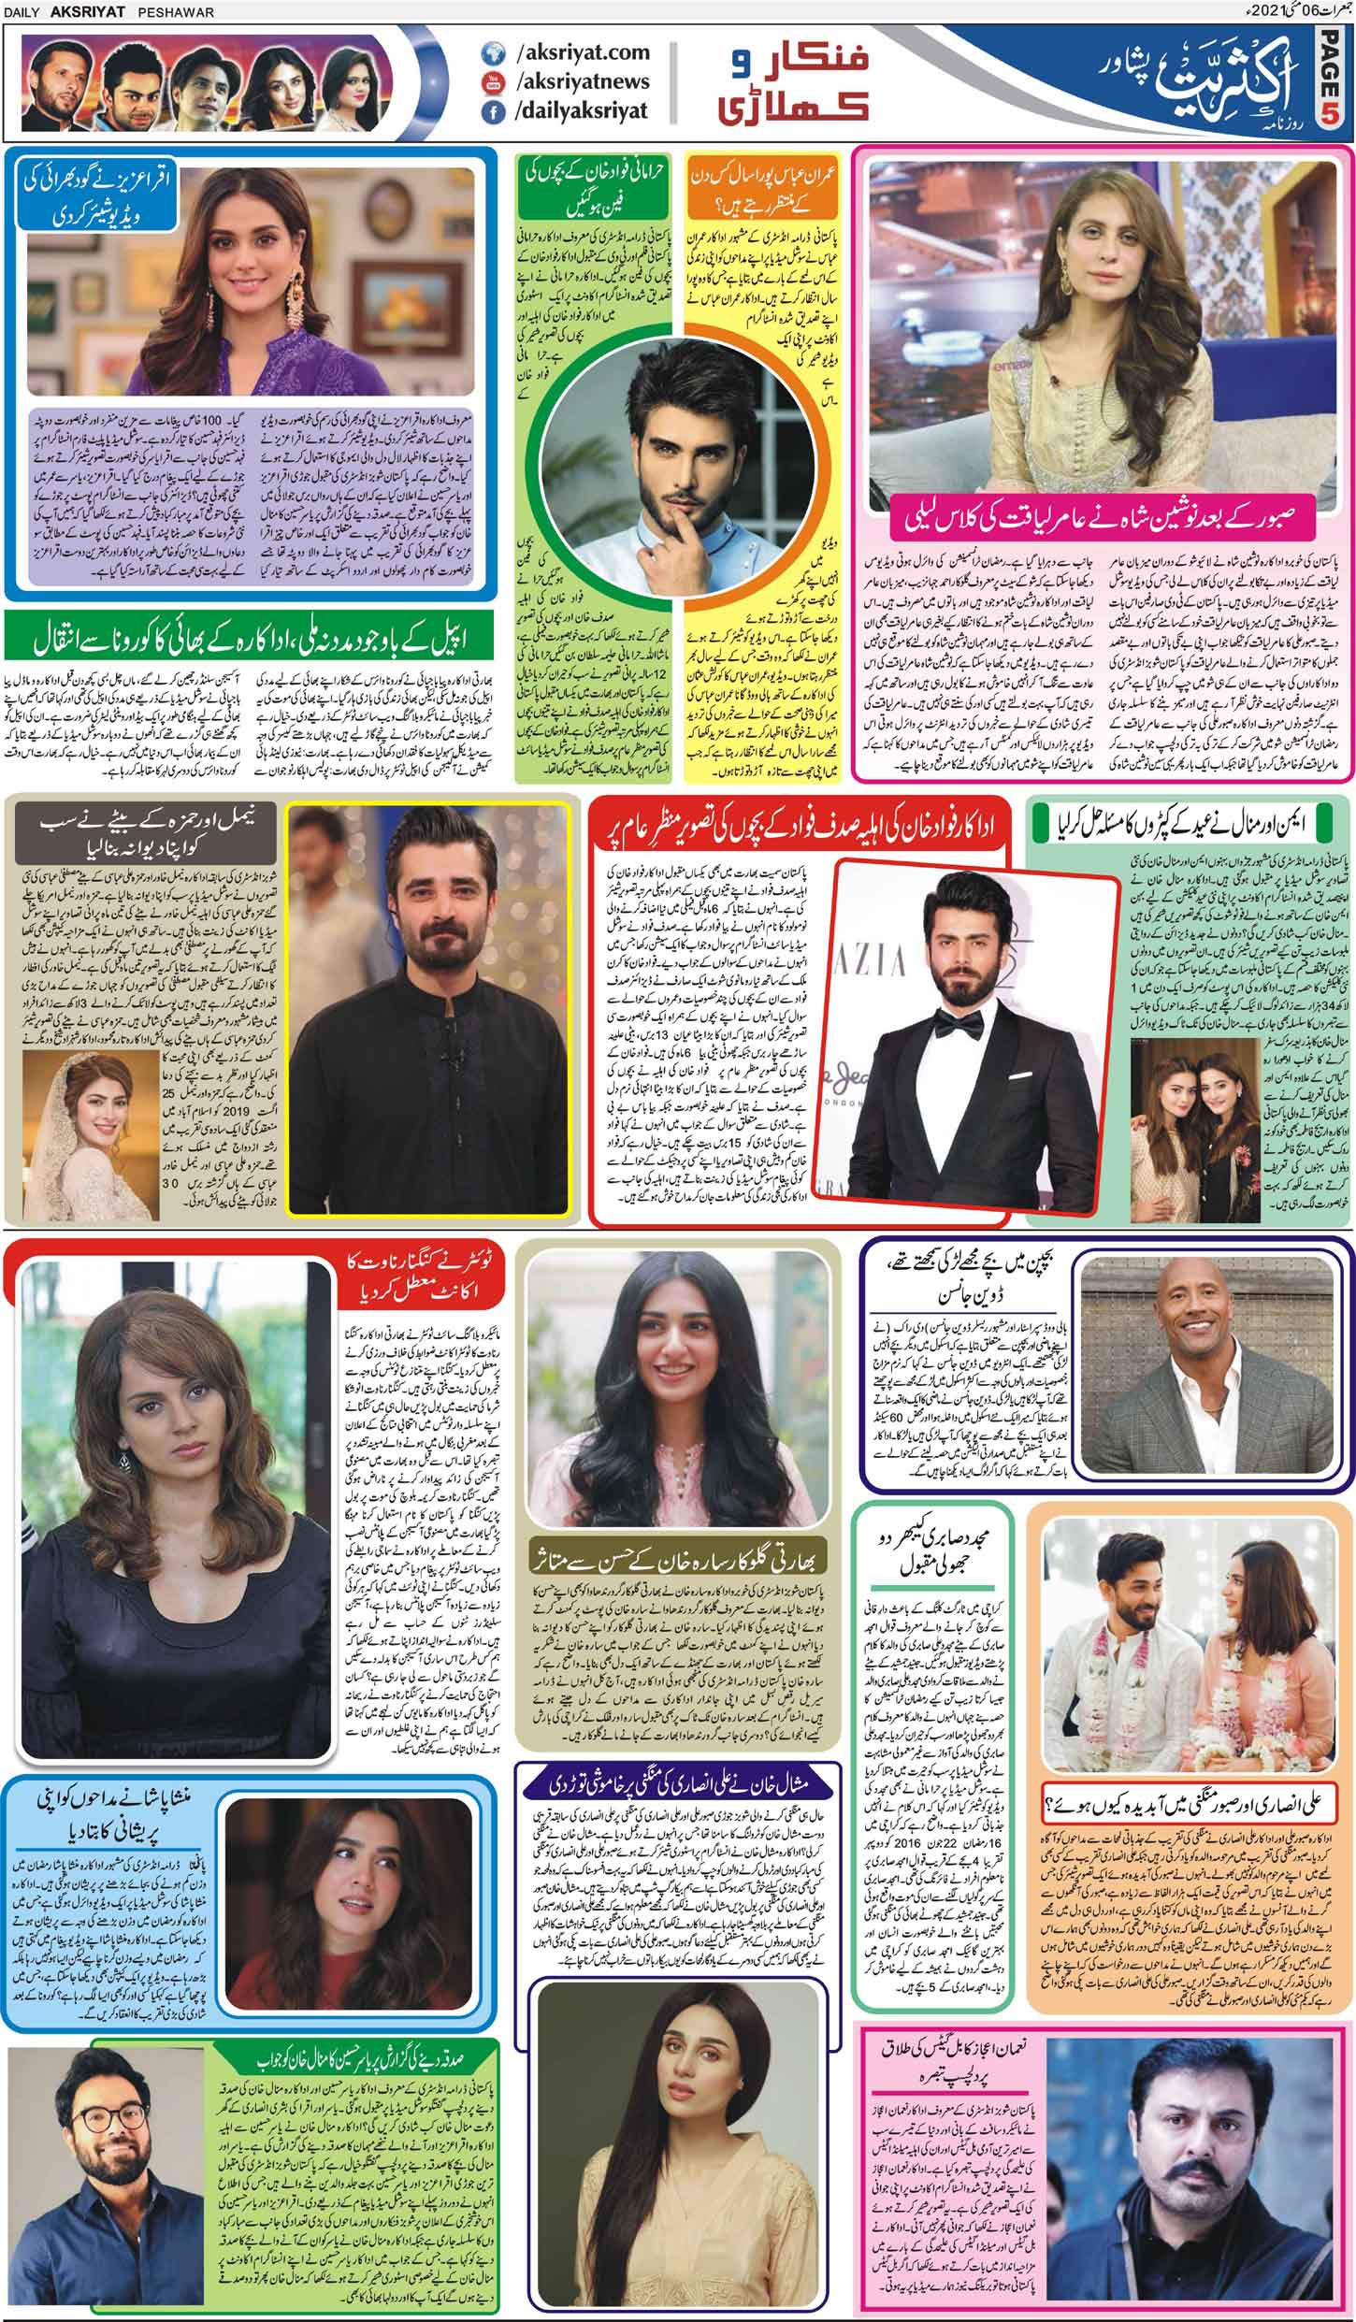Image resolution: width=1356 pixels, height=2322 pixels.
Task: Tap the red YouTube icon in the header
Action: (x=488, y=83)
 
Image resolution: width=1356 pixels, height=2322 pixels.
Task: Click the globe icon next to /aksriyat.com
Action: (x=488, y=54)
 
